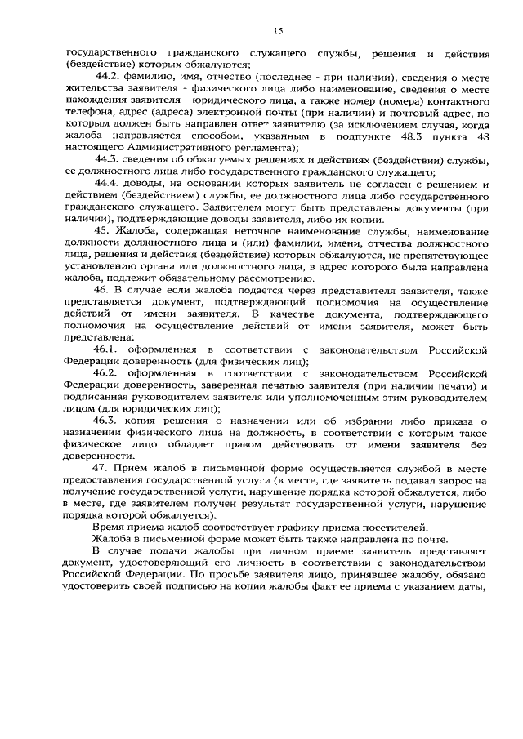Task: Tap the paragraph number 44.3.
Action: pyautogui.click(x=110, y=159)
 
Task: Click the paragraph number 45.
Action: pyautogui.click(x=104, y=232)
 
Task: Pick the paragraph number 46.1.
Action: pyautogui.click(x=110, y=350)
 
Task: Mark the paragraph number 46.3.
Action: pyautogui.click(x=110, y=421)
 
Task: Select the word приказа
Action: pyautogui.click(x=449, y=421)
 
